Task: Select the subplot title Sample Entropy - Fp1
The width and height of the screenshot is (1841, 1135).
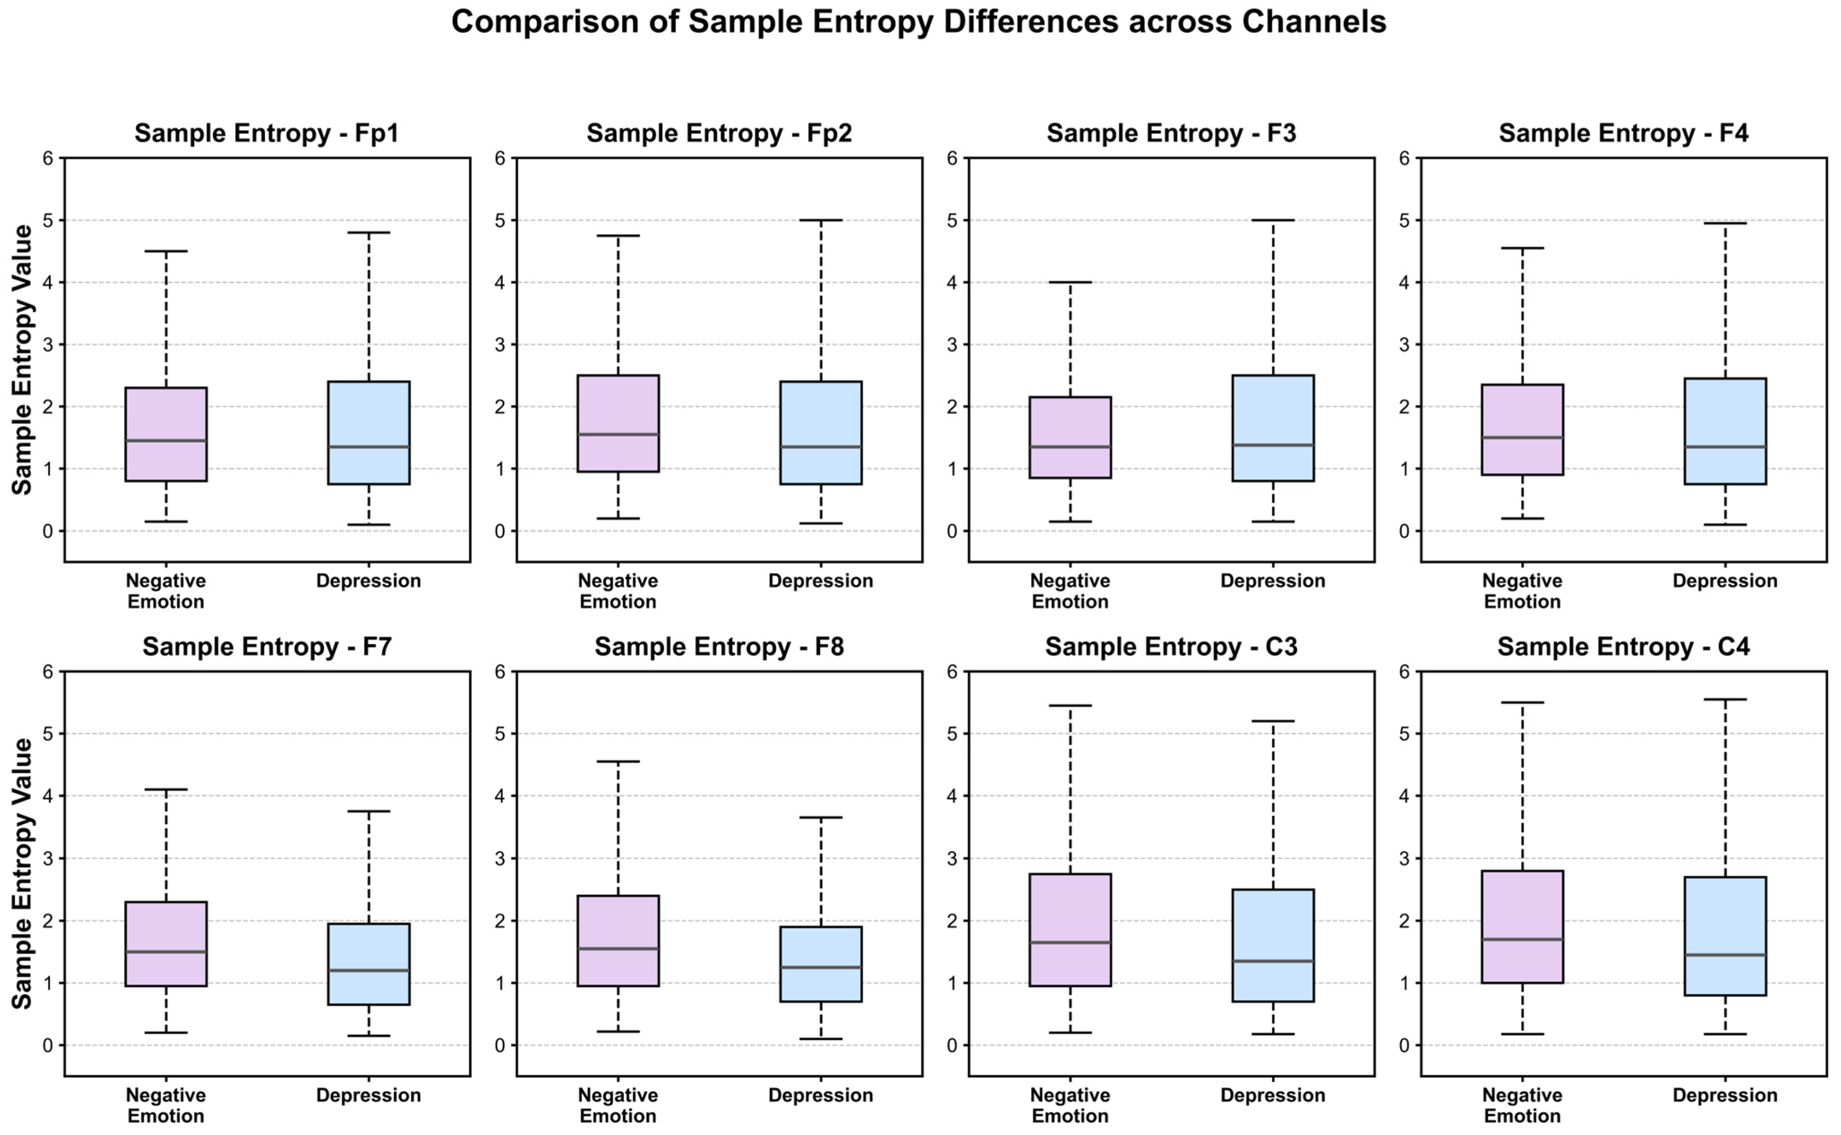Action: pos(266,134)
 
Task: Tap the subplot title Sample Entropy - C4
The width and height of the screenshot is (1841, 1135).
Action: pos(1623,647)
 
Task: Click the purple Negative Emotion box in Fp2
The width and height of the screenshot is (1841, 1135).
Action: pos(618,423)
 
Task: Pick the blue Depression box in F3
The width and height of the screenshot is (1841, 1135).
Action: pos(1273,428)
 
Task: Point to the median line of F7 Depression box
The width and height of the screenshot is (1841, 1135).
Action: pos(368,971)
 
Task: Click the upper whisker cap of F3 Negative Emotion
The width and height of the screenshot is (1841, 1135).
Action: pos(1070,282)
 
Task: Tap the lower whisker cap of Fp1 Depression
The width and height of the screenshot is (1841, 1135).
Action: pos(368,525)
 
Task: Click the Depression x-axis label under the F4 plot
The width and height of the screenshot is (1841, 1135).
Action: pos(1725,581)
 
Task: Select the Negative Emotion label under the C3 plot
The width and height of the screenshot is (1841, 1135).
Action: pos(1070,1106)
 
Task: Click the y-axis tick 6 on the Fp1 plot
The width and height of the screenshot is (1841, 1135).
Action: pos(48,158)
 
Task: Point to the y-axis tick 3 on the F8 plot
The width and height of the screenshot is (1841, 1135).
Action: pos(500,858)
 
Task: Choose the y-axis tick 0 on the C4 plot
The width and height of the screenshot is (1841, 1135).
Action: pos(1405,1045)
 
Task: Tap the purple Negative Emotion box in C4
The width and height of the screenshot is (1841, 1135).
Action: pos(1522,926)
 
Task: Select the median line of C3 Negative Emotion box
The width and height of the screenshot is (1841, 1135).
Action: pos(1070,942)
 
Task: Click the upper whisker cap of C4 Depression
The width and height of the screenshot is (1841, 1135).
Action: pos(1725,699)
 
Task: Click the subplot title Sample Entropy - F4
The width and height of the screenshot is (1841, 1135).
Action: pos(1623,134)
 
